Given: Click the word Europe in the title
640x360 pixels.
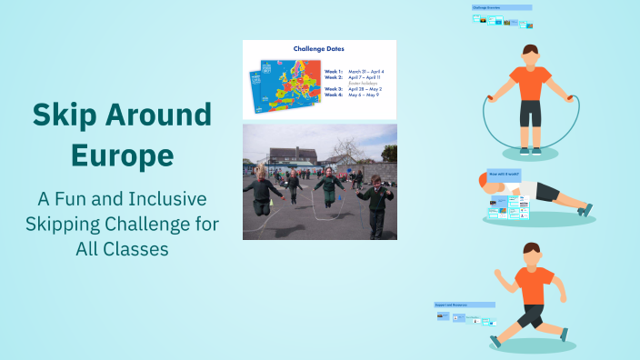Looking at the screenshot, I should click(x=122, y=155).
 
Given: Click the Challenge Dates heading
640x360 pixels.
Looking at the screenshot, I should click(x=318, y=48).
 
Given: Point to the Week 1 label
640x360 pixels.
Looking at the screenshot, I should click(x=333, y=71).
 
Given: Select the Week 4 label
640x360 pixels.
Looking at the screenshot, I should click(x=333, y=94).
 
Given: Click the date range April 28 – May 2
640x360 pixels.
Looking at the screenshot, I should click(x=366, y=88).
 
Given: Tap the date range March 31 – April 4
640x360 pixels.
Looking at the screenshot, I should click(x=366, y=71).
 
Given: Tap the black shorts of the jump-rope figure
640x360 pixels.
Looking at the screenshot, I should click(x=530, y=113).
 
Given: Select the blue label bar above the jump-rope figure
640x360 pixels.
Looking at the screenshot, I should click(x=501, y=7).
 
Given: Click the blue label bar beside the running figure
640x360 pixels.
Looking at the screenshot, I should click(x=465, y=305).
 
